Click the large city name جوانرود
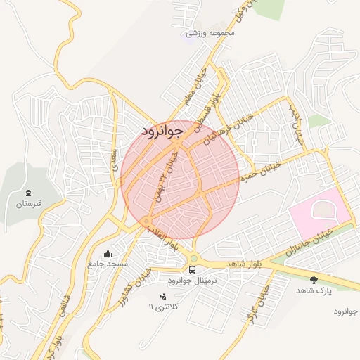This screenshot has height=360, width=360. pos(162,130)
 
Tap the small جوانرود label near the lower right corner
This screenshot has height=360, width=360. pos(345,311)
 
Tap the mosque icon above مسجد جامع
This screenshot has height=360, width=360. pos(107,253)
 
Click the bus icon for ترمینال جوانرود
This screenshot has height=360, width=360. pos(192,269)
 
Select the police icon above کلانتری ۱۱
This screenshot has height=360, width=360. pos(164,296)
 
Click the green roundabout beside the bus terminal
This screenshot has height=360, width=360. pos(193,258)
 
